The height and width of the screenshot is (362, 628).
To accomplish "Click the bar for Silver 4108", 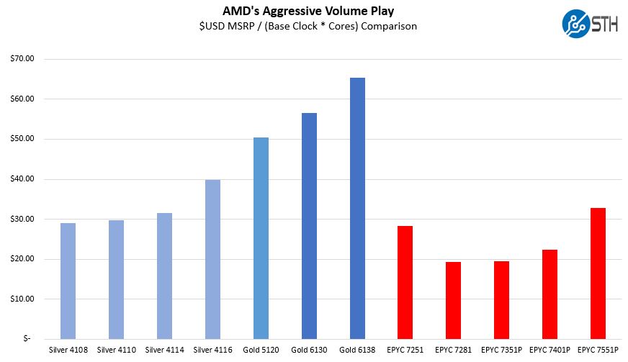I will tap(68, 281).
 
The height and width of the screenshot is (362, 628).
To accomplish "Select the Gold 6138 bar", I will tap(357, 208).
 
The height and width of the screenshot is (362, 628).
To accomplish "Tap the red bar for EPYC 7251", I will tap(405, 282).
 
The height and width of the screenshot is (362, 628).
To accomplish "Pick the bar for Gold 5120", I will tap(261, 237).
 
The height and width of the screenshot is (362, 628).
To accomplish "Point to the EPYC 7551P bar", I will tap(598, 273).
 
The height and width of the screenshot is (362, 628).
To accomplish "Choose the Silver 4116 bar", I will tap(212, 259).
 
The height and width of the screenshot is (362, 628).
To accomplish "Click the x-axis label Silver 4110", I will tap(116, 350).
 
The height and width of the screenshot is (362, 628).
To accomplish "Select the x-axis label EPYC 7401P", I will tap(549, 350).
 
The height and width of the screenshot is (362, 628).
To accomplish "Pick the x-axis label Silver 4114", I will tap(164, 350).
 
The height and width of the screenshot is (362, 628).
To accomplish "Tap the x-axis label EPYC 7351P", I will tap(501, 350).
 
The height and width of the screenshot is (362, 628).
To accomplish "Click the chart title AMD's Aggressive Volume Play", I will tap(314, 11).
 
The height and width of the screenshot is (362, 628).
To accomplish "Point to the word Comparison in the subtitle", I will tap(391, 27).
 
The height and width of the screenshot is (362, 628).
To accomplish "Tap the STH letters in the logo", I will tap(604, 23).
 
